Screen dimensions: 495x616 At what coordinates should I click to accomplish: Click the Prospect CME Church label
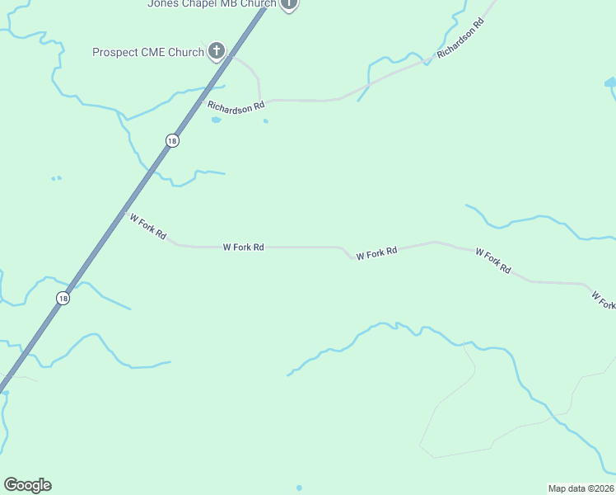point(148,52)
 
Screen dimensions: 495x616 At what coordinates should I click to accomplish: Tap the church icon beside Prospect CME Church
point(216,52)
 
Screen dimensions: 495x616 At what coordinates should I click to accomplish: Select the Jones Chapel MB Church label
point(212,3)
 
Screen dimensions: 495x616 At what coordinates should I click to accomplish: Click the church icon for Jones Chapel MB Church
point(288,3)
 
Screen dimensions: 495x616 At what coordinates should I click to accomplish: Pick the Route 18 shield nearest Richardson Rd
point(171,141)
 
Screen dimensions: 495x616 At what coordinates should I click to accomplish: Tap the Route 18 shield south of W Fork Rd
point(63,298)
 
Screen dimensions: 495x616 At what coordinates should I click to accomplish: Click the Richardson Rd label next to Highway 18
point(236,106)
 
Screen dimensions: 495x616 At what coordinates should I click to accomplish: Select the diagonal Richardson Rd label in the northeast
point(460,38)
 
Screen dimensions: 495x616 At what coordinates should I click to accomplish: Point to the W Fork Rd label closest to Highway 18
point(148,227)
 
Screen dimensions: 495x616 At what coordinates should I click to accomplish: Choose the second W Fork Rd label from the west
point(243,247)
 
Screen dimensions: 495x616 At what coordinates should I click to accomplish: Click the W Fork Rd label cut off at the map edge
point(603,299)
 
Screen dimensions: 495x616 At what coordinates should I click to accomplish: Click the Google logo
point(27,485)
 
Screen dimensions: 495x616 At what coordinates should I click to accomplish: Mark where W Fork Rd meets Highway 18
point(125,213)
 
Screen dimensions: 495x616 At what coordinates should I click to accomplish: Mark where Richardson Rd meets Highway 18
point(203,100)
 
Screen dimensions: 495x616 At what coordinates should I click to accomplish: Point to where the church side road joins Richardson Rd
point(260,100)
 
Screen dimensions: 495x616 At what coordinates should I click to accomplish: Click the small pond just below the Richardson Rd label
point(216,120)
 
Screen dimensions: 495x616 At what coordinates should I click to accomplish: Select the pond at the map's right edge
point(610,82)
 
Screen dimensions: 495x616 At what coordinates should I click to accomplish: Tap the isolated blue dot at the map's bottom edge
point(299,488)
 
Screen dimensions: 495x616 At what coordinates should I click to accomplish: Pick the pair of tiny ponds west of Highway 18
point(56,178)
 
